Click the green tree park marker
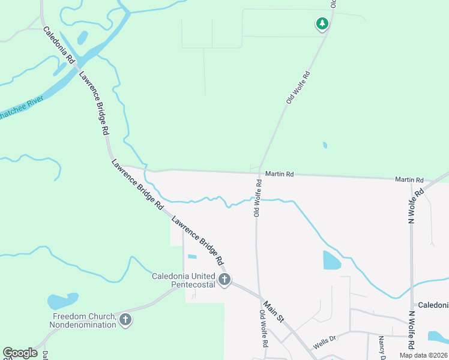click(x=322, y=24)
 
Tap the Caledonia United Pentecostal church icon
click(x=224, y=280)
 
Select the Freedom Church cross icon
click(x=125, y=320)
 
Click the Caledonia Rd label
click(x=59, y=45)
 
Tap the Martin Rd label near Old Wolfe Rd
click(x=280, y=175)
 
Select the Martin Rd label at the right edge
click(x=409, y=180)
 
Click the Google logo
click(x=20, y=353)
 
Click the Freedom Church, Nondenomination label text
click(x=84, y=320)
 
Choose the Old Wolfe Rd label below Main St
click(x=263, y=329)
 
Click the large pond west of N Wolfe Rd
click(x=331, y=260)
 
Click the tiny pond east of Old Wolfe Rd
click(x=325, y=145)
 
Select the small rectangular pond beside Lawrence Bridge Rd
click(x=192, y=257)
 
